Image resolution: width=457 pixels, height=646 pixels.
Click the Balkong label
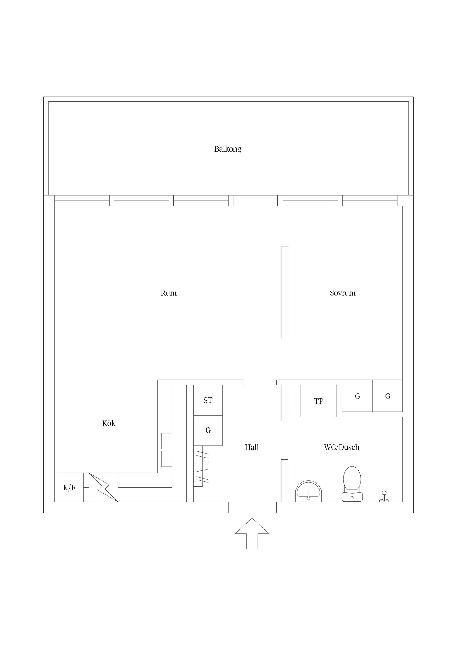click(x=228, y=149)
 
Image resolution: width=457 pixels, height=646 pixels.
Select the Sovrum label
click(x=343, y=293)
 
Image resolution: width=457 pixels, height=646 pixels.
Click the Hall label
click(x=252, y=447)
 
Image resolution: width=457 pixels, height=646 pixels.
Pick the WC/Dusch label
click(x=342, y=447)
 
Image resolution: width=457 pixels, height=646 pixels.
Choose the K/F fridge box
click(x=69, y=487)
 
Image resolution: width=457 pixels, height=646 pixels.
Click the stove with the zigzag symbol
click(x=103, y=487)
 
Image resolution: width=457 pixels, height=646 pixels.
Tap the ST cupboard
click(x=208, y=400)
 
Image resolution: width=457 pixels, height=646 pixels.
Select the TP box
click(x=318, y=401)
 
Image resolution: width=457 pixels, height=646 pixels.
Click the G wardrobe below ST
click(x=208, y=431)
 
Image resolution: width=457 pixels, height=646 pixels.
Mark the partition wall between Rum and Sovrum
click(x=285, y=292)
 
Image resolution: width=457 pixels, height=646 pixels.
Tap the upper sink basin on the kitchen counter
click(x=167, y=441)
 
